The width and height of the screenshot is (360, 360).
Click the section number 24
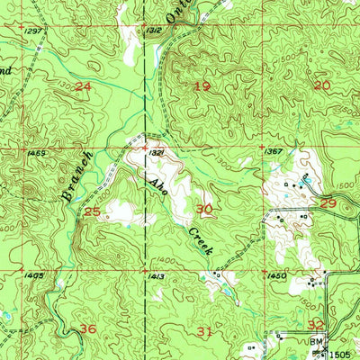coord(84,86)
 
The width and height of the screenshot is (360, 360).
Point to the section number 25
coord(91,211)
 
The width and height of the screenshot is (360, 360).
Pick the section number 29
coord(328,204)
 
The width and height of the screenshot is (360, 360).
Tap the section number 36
coord(87,329)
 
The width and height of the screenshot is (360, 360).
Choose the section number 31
coord(205,332)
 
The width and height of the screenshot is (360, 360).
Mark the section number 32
coord(316,325)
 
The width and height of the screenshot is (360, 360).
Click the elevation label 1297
coord(35,31)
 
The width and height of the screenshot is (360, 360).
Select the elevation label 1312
coord(154,31)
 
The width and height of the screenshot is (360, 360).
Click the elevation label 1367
coord(274,152)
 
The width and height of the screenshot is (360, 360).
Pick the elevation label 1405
coord(35,275)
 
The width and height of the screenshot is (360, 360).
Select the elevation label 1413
coord(155,276)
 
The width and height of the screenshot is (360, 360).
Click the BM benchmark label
coord(316,343)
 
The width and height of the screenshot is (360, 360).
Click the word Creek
coord(200,239)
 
